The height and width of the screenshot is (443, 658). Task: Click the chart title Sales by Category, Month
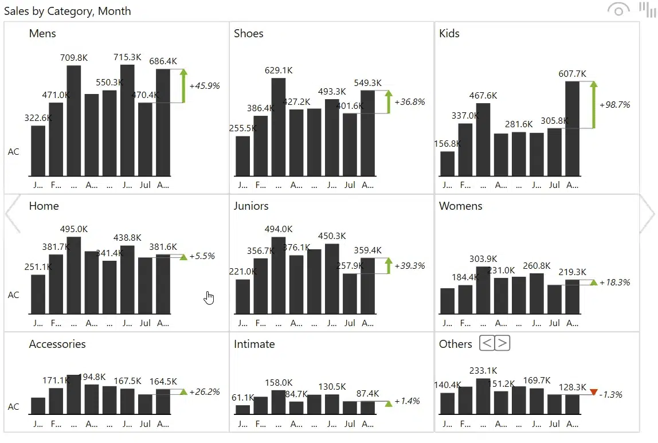pyautogui.click(x=67, y=11)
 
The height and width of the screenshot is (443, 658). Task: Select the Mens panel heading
pyautogui.click(x=42, y=33)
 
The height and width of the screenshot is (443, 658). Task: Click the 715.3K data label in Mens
pyautogui.click(x=127, y=57)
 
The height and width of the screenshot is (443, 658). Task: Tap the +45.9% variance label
pyautogui.click(x=204, y=85)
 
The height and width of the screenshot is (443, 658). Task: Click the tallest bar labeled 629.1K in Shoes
pyautogui.click(x=279, y=127)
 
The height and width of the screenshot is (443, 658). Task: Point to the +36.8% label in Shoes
pyautogui.click(x=410, y=102)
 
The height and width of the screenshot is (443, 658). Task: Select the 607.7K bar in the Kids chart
pyautogui.click(x=572, y=128)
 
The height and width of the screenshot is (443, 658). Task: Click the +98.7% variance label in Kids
pyautogui.click(x=614, y=105)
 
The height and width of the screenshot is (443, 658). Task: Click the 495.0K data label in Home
pyautogui.click(x=74, y=229)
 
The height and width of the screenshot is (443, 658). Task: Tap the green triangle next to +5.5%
pyautogui.click(x=183, y=257)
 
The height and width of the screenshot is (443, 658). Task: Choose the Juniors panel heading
pyautogui.click(x=251, y=206)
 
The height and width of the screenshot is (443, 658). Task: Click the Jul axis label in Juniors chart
pyautogui.click(x=350, y=323)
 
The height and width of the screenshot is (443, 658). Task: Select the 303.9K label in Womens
pyautogui.click(x=483, y=259)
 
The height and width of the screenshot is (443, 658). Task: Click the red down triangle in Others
pyautogui.click(x=593, y=392)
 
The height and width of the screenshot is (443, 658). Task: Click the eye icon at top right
pyautogui.click(x=618, y=10)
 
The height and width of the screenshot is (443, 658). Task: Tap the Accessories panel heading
pyautogui.click(x=57, y=344)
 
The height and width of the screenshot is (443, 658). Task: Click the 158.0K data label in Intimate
pyautogui.click(x=279, y=383)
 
